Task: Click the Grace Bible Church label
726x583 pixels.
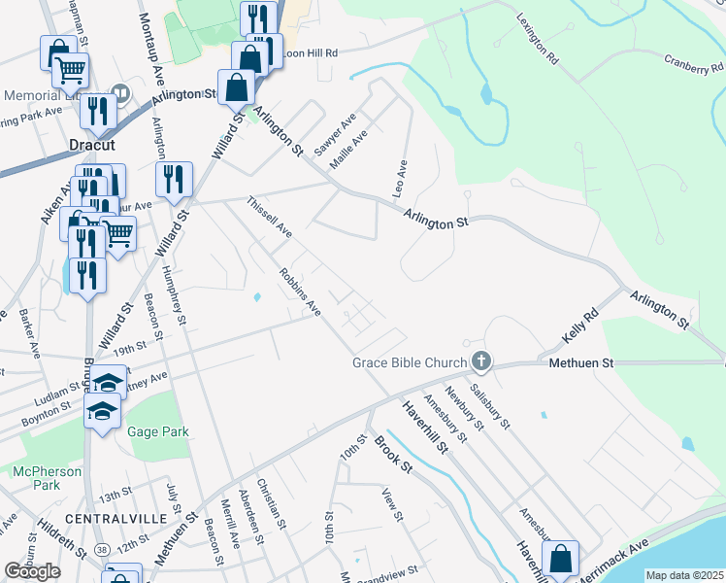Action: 409,364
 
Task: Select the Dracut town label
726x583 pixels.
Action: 92,145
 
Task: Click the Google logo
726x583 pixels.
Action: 32,571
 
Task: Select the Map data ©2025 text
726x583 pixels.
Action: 685,575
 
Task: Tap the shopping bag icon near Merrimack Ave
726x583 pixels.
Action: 561,559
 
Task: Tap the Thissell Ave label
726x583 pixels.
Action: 270,217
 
